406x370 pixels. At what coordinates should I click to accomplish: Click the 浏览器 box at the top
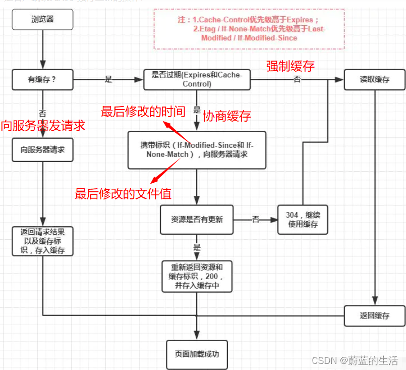(x=43, y=21)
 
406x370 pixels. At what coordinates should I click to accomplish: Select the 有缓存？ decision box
(x=43, y=80)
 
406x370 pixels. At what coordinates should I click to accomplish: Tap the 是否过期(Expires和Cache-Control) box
(x=197, y=80)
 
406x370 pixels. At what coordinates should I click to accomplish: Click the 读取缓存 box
(x=374, y=80)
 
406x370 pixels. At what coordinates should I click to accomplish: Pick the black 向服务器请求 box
(x=43, y=150)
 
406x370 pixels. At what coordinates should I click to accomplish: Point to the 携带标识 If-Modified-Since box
(x=197, y=150)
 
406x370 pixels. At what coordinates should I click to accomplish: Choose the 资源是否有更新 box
(x=197, y=220)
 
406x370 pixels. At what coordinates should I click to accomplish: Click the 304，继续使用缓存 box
(x=303, y=220)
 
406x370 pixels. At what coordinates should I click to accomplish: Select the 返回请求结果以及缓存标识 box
(x=43, y=241)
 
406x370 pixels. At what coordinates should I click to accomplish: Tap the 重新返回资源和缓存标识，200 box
(x=197, y=276)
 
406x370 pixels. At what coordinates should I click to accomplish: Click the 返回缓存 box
(x=374, y=315)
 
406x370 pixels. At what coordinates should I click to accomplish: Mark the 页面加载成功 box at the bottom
(x=197, y=354)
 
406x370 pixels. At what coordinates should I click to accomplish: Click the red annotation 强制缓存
(x=291, y=66)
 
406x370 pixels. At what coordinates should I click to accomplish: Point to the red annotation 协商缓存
(x=226, y=116)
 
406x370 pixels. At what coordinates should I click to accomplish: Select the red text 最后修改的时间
(x=143, y=112)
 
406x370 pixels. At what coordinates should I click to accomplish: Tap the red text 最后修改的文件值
(x=123, y=193)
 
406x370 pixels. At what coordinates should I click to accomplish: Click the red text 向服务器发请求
(x=43, y=125)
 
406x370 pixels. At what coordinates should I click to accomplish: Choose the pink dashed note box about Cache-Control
(x=249, y=29)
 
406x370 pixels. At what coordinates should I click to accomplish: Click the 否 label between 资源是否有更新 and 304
(x=256, y=220)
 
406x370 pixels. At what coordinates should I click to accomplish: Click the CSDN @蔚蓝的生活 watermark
(x=355, y=360)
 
